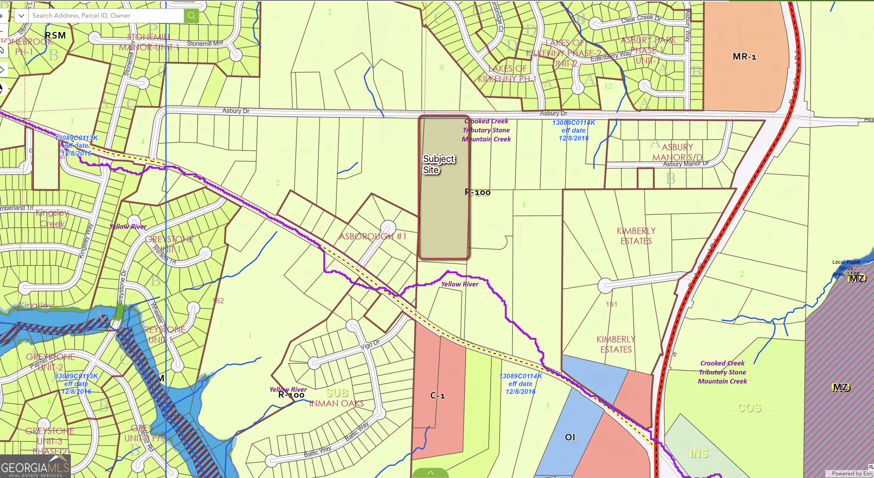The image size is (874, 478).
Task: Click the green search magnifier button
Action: pyautogui.click(x=191, y=16)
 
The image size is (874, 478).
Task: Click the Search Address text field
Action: pyautogui.click(x=106, y=16)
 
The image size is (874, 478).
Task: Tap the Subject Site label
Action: pyautogui.click(x=438, y=164)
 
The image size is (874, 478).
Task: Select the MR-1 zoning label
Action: pyautogui.click(x=744, y=56)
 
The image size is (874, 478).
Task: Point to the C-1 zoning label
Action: pyautogui.click(x=437, y=396)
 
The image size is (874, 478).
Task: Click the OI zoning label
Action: pyautogui.click(x=570, y=437)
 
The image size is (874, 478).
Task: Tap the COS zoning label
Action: pyautogui.click(x=749, y=408)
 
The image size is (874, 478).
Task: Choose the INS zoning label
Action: pyautogui.click(x=699, y=453)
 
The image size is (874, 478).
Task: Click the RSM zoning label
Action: pyautogui.click(x=56, y=35)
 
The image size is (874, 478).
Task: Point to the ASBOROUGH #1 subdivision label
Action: pyautogui.click(x=373, y=236)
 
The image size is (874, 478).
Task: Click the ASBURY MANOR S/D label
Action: pyautogui.click(x=677, y=152)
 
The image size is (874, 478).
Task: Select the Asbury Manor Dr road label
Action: pyautogui.click(x=686, y=164)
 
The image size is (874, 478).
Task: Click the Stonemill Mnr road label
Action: pyautogui.click(x=205, y=43)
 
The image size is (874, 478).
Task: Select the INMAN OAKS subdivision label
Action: pyautogui.click(x=337, y=403)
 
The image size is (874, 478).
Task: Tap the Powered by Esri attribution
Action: pyautogui.click(x=851, y=473)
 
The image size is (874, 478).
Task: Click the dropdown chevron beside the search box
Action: pyautogui.click(x=21, y=16)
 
